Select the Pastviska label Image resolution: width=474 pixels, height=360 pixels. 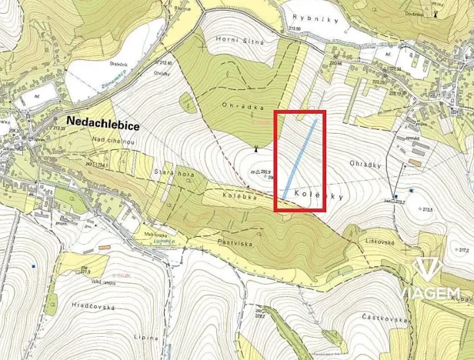(x=235, y=241)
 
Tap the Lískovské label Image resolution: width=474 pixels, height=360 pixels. (x=381, y=241)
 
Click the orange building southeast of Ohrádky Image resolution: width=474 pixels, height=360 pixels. (x=416, y=162)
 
